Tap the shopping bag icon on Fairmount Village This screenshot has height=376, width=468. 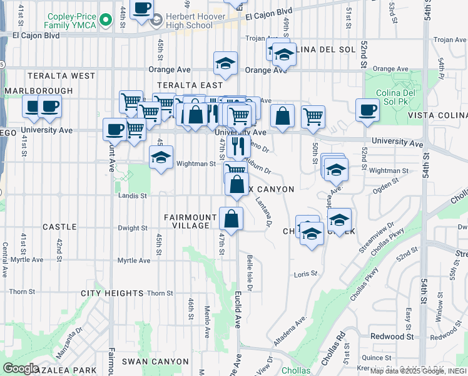[231, 219]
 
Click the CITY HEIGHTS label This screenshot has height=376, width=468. [112, 293]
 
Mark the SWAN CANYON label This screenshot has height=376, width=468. [155, 362]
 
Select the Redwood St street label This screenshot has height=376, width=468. [392, 337]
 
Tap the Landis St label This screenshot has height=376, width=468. [132, 196]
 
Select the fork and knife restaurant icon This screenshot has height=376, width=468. [237, 147]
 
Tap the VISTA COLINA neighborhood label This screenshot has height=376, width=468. [438, 116]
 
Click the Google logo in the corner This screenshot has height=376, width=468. [20, 368]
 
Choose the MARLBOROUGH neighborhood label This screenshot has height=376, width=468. [39, 91]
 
